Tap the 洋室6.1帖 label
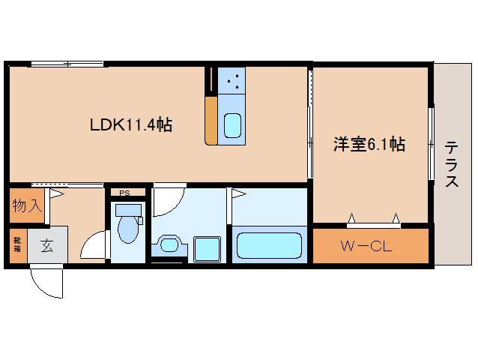coord(369,145)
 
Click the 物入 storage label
coord(25,206)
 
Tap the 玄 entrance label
coord(46,244)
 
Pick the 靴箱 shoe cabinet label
coord(16,244)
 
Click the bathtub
coord(268,244)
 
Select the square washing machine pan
coord(205,247)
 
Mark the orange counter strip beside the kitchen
coord(212,105)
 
